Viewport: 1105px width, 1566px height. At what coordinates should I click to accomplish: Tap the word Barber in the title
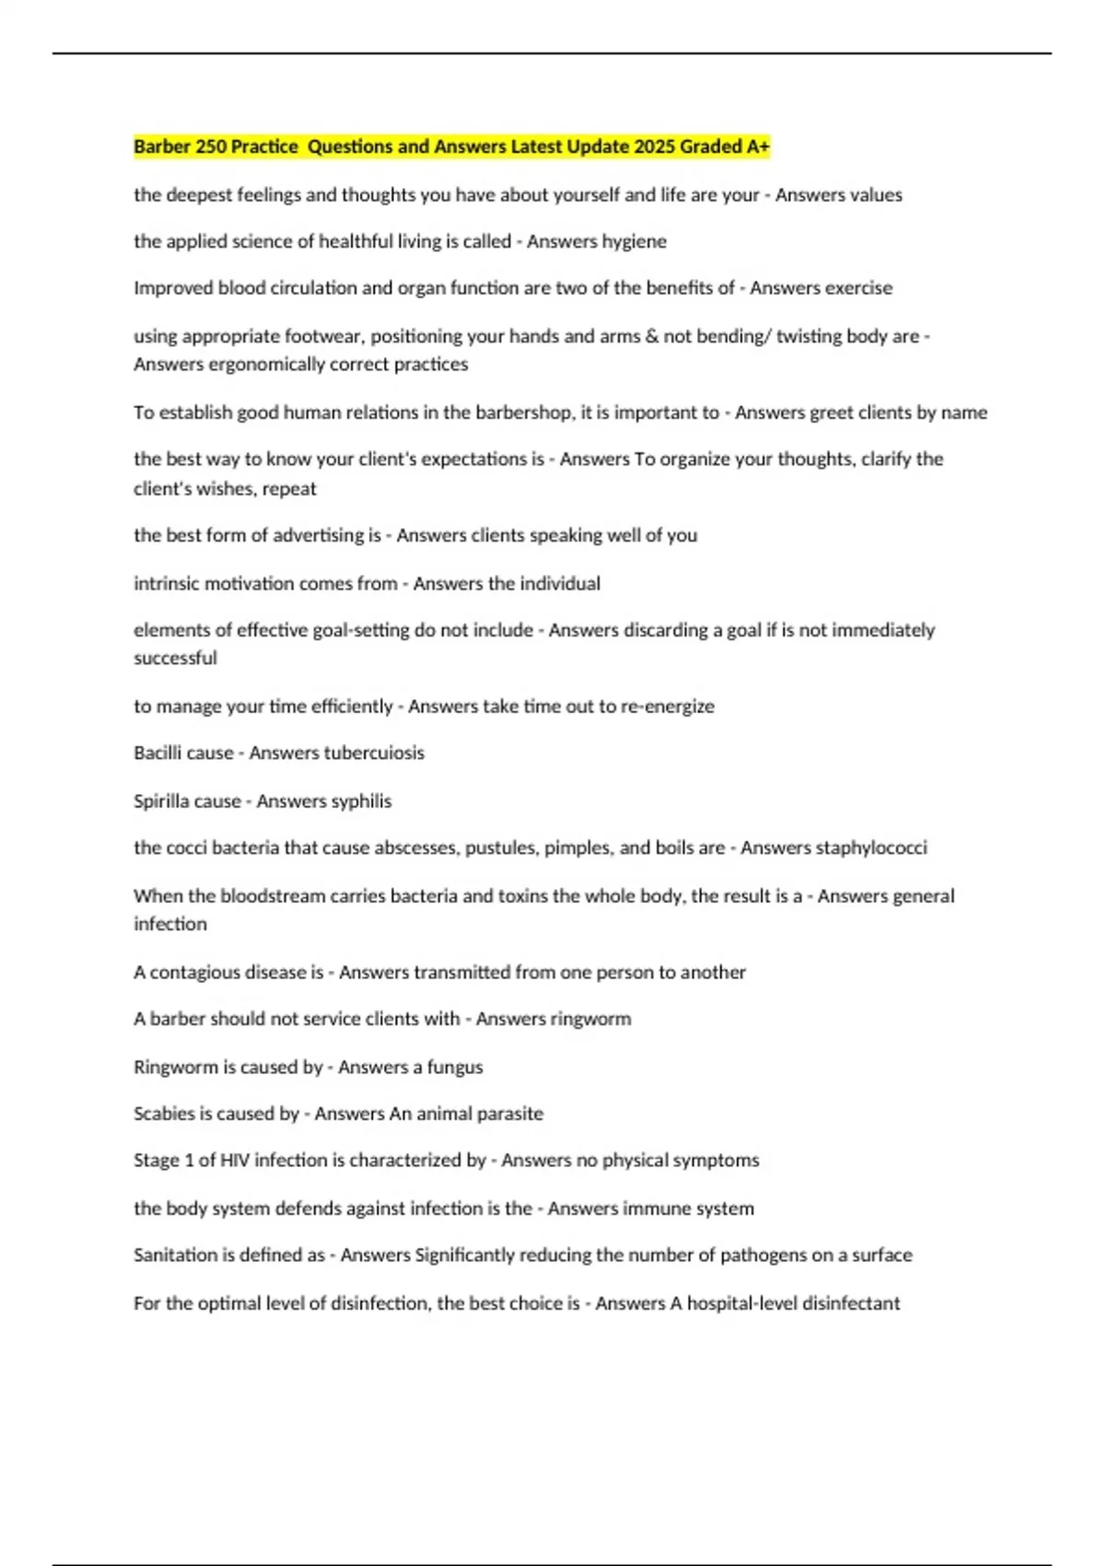(161, 146)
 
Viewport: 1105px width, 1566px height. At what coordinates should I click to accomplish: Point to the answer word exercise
(855, 288)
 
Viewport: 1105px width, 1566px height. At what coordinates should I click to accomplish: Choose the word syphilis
(355, 801)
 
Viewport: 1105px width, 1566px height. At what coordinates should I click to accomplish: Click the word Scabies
(164, 1114)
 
